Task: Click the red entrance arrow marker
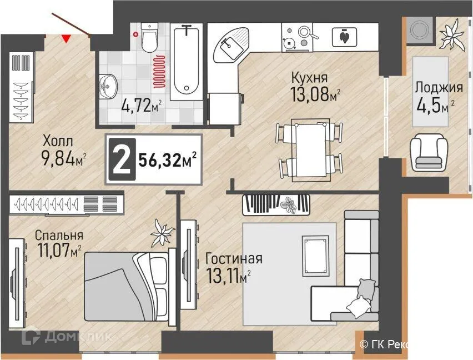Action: (66, 38)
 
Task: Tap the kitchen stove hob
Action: (296, 36)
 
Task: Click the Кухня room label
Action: (309, 77)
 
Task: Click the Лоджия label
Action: (438, 87)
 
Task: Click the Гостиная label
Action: (233, 258)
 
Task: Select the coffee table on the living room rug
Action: (319, 255)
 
